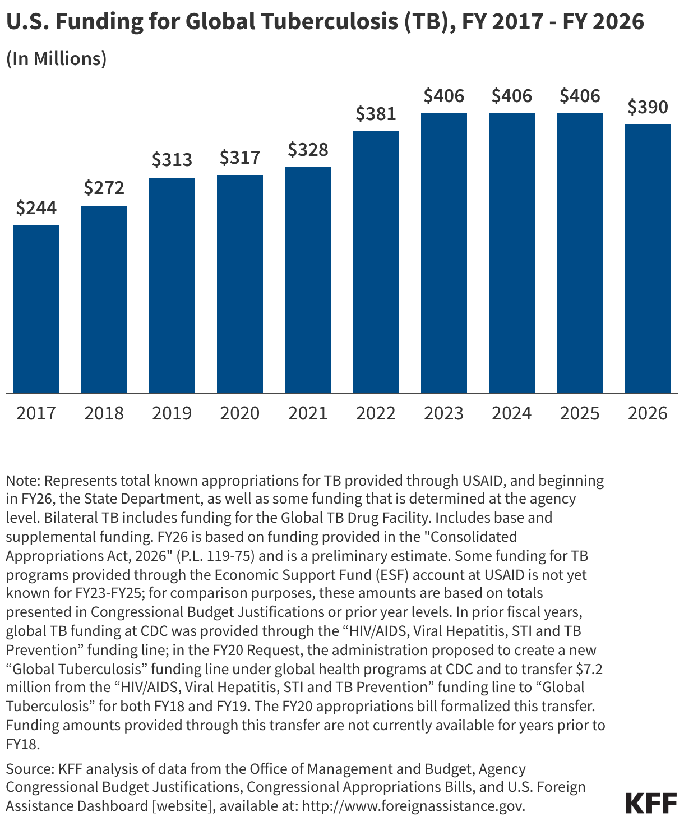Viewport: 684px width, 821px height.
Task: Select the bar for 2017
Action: click(36, 309)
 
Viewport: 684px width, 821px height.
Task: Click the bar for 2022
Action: click(376, 262)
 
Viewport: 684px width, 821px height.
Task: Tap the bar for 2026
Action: click(648, 259)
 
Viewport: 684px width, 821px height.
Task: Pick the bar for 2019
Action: click(172, 285)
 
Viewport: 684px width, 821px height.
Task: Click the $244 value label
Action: click(36, 208)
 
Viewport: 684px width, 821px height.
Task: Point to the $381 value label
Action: click(376, 114)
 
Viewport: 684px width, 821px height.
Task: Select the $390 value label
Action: click(648, 107)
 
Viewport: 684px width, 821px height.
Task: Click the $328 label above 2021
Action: click(308, 150)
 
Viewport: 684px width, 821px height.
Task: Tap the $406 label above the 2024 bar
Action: click(511, 96)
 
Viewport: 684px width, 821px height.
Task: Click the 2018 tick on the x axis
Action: click(104, 413)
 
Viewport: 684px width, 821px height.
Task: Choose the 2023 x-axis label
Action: click(443, 413)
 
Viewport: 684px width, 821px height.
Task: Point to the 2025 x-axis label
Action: click(580, 413)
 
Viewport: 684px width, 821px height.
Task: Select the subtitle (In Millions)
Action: click(56, 58)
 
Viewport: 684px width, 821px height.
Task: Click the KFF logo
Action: click(651, 803)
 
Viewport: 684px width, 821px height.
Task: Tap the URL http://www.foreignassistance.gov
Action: click(413, 806)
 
